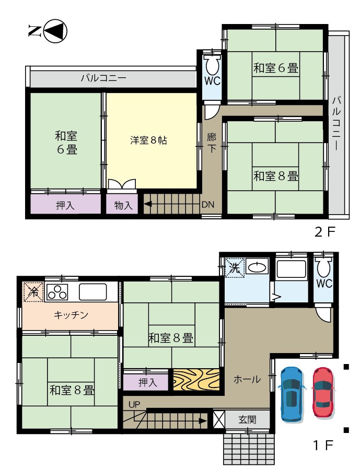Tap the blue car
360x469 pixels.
[x=292, y=394]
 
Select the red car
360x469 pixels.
[x=323, y=392]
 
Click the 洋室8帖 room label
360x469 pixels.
[x=149, y=140]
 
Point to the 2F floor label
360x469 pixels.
[x=325, y=231]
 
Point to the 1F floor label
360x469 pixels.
[x=323, y=445]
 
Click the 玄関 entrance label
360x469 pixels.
[x=248, y=419]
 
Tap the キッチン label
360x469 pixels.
[x=71, y=314]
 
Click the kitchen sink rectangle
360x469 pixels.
[x=93, y=292]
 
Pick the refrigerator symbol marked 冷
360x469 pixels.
[x=34, y=291]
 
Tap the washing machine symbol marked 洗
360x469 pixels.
[x=235, y=267]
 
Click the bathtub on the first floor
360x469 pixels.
[x=291, y=269]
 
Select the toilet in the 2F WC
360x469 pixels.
[x=212, y=64]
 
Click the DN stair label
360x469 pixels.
[x=207, y=205]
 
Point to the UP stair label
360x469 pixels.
[x=134, y=405]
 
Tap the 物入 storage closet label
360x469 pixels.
[x=123, y=205]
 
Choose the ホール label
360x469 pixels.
[x=247, y=379]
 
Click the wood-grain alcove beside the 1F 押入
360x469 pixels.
[x=196, y=380]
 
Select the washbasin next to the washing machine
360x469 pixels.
[x=257, y=267]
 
